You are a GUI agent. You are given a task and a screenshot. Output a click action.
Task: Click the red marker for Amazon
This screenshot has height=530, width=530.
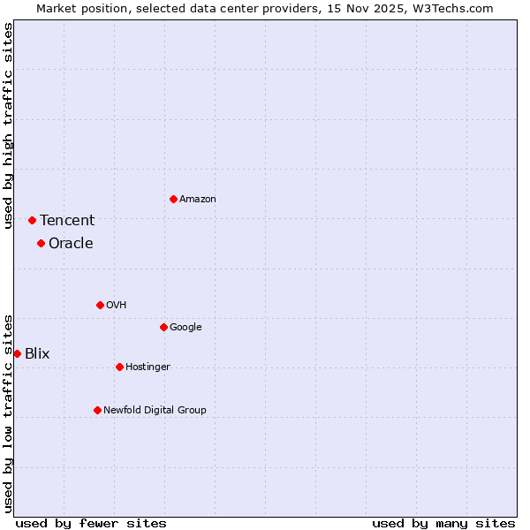[x=173, y=199]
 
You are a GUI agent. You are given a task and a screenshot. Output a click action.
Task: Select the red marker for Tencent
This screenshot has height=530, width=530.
[x=32, y=220]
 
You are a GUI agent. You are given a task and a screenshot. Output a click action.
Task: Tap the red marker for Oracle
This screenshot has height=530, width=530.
[x=41, y=243]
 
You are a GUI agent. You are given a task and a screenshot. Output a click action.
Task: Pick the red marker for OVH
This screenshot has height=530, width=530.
[x=100, y=305]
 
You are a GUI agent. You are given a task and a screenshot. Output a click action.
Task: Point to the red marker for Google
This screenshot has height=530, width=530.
[x=163, y=327]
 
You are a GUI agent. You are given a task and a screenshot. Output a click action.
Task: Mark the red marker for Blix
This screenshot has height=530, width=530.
[x=17, y=353]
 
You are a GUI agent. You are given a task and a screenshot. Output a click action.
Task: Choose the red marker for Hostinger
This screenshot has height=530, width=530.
[x=119, y=367]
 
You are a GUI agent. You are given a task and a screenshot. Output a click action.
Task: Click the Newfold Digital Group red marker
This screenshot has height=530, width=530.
[x=97, y=410]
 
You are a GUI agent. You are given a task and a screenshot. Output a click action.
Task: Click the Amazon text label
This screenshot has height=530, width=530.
[x=197, y=200]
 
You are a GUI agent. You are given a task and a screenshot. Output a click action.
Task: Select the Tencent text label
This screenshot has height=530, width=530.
[x=67, y=221]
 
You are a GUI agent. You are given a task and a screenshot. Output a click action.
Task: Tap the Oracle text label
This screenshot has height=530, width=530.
[x=71, y=244]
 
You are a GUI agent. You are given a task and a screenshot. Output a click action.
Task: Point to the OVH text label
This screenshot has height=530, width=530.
[x=116, y=306]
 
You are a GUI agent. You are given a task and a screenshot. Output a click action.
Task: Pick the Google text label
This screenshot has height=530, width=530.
[x=185, y=328]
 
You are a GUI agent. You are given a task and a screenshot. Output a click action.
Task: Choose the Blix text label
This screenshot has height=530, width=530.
[x=37, y=354]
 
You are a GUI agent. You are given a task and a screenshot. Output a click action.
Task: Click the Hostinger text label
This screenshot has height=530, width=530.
[x=148, y=367]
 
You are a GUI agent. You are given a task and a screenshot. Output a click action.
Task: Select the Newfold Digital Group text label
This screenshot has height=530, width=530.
[x=155, y=411]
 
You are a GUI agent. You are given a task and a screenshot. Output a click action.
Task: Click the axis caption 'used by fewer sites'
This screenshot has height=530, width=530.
[x=91, y=523]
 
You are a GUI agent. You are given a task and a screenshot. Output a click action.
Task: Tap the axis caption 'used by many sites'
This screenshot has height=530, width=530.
[x=443, y=523]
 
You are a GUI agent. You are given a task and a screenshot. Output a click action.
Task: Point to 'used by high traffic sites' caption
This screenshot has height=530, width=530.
[x=9, y=125]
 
